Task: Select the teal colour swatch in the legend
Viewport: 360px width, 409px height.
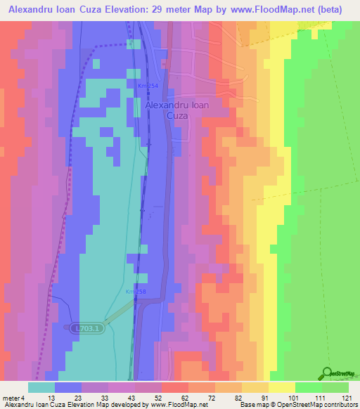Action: point(41,387)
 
